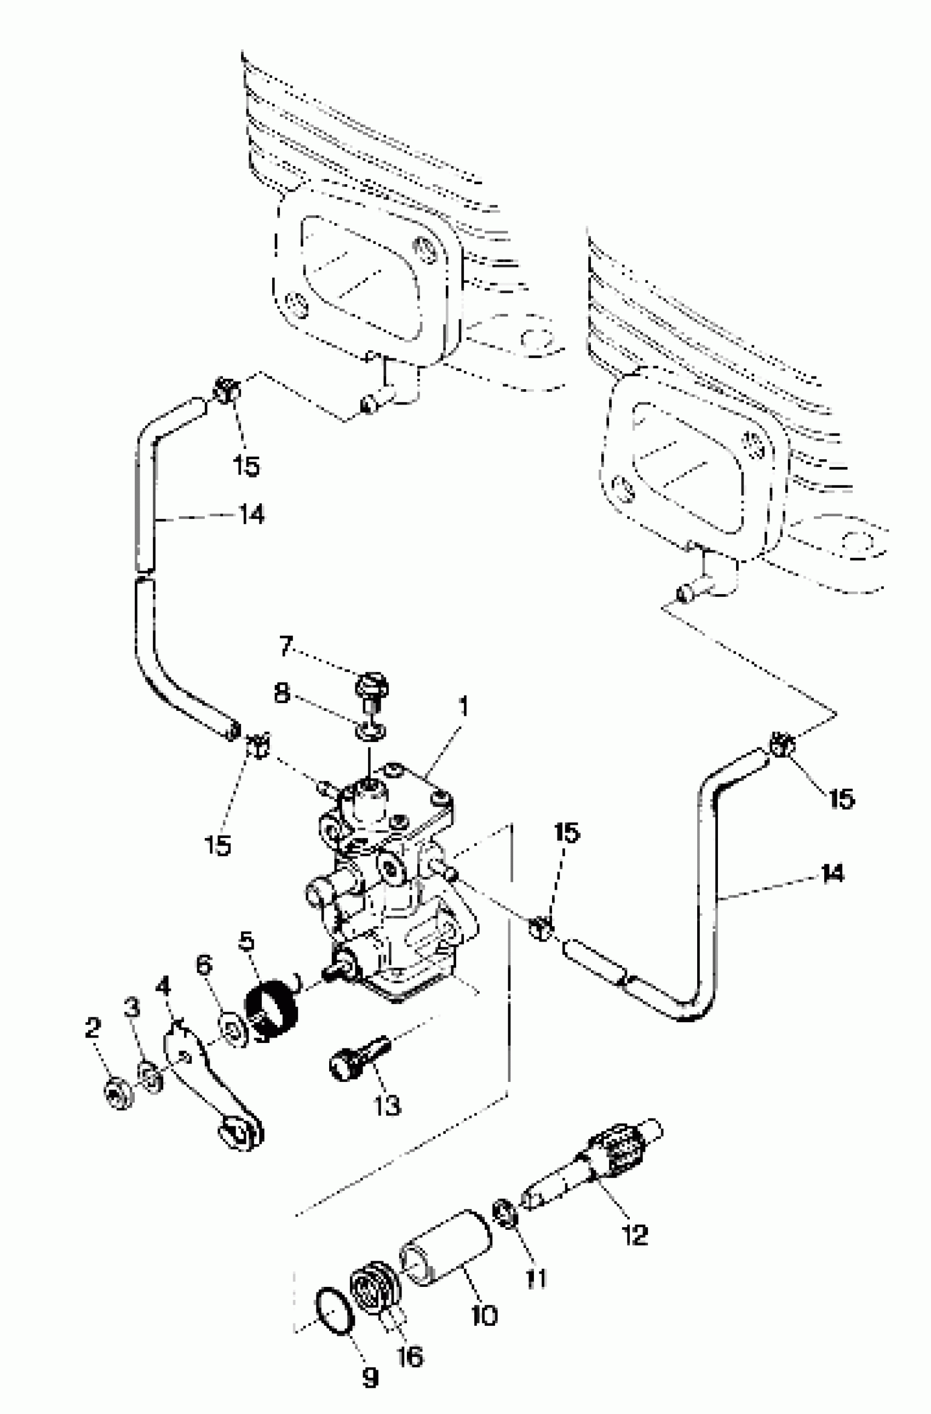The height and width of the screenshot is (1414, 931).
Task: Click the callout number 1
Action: (x=464, y=707)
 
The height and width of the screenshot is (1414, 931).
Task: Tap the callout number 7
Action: (x=286, y=645)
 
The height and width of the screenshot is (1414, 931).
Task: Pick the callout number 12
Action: (x=635, y=1236)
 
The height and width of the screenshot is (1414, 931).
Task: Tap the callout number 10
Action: (x=484, y=1315)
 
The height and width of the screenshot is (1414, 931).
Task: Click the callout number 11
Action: (x=536, y=1279)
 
